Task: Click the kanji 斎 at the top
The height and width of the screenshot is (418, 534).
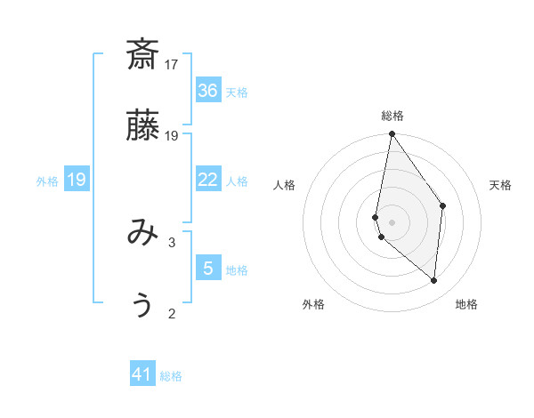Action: (x=142, y=55)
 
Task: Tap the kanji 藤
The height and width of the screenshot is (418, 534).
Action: (x=142, y=127)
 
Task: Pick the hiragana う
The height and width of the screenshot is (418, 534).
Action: (x=142, y=304)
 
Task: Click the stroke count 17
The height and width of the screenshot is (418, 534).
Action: (x=172, y=64)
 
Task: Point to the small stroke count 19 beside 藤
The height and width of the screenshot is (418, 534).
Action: (x=172, y=135)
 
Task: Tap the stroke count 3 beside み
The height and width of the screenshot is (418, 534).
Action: (x=172, y=241)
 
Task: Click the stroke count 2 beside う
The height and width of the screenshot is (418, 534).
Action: (x=172, y=312)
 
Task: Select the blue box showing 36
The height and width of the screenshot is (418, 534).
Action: (x=208, y=90)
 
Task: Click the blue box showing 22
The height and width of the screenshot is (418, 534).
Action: (x=208, y=180)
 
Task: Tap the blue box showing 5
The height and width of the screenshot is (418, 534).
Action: (x=208, y=269)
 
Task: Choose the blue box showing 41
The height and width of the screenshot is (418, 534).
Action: (x=142, y=374)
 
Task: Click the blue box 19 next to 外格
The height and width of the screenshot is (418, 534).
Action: (x=77, y=180)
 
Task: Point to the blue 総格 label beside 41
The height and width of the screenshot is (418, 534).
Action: (x=171, y=376)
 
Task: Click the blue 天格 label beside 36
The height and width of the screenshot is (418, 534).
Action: (x=237, y=92)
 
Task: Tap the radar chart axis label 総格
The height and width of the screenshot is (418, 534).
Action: (x=392, y=116)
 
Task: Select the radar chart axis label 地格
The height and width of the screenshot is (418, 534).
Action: (x=466, y=304)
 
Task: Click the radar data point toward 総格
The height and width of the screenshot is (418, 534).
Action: (x=392, y=134)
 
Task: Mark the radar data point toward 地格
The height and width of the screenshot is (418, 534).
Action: (x=433, y=280)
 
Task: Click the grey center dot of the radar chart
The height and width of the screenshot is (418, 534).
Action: (x=392, y=221)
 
